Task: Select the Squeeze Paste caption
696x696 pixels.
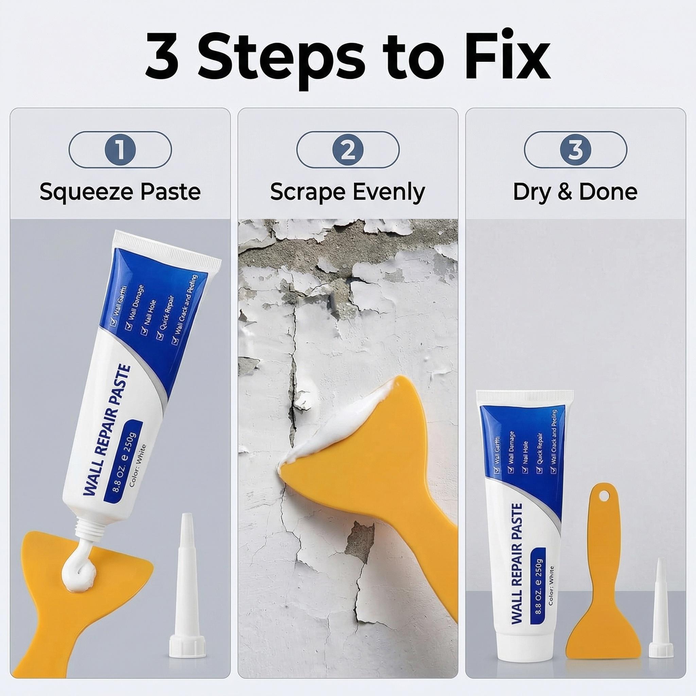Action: (120, 192)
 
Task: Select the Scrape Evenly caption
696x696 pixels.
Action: (348, 192)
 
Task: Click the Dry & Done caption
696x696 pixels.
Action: (575, 192)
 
